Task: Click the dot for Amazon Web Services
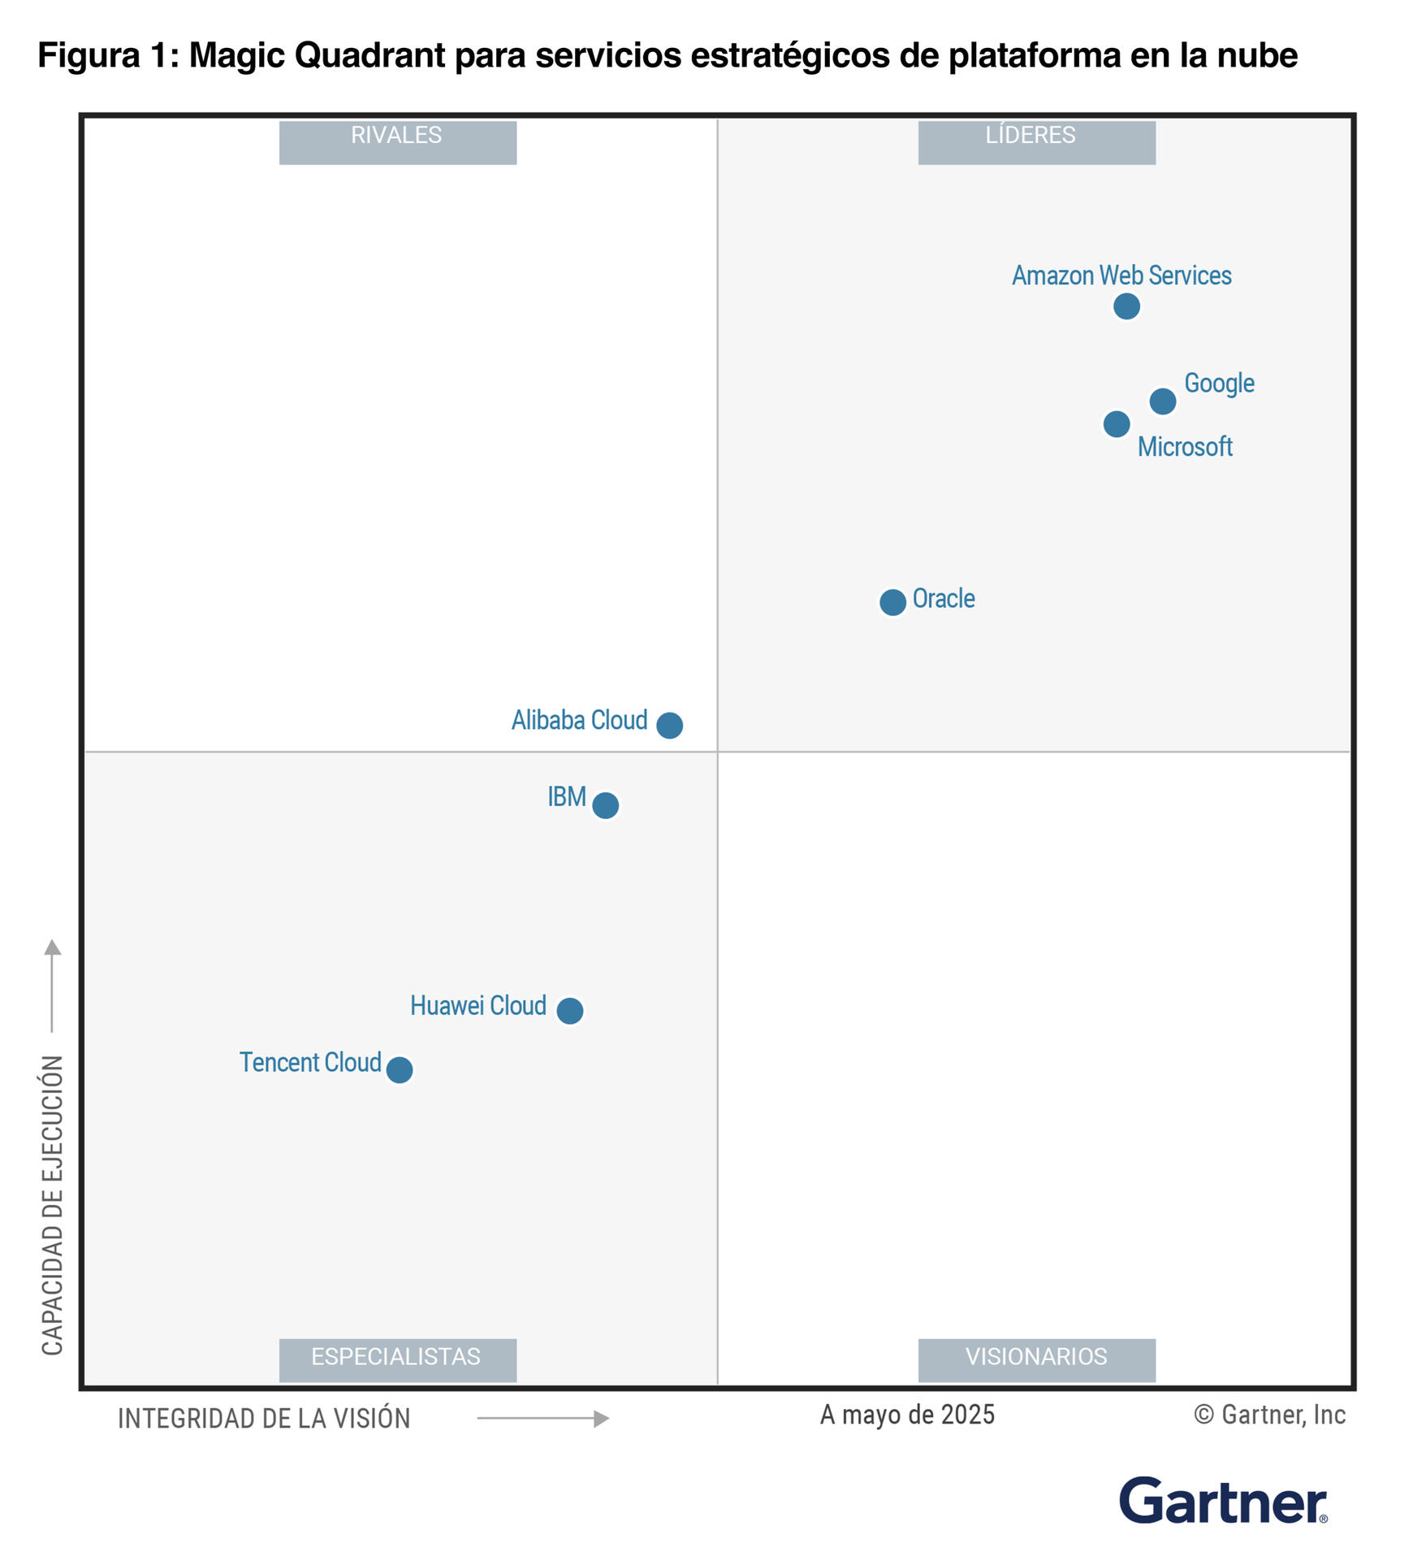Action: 1126,306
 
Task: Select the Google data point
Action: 1162,401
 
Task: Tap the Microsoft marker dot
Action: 1116,423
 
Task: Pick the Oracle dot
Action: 892,602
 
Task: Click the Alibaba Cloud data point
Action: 669,725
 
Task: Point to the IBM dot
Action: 605,805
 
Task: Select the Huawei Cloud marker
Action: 569,1011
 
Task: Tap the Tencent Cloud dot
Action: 399,1070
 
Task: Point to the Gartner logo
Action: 1222,1500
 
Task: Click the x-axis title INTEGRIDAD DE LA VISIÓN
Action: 264,1419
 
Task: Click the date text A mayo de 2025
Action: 907,1415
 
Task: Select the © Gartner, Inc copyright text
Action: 1269,1415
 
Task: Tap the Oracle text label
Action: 943,599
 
